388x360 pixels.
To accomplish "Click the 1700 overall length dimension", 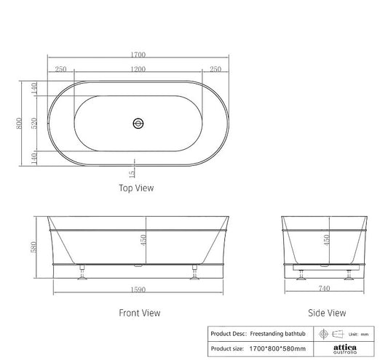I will tap(137, 55).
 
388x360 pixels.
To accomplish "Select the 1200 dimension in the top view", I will tap(137, 69).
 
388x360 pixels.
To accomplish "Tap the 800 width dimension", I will tap(20, 124).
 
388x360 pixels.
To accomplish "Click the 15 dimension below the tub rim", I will tap(132, 174).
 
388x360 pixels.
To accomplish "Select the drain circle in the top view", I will tap(137, 124).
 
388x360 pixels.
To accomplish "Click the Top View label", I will tap(136, 188).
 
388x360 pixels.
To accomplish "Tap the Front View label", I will tap(139, 313).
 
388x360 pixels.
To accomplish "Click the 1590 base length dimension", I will tap(138, 289).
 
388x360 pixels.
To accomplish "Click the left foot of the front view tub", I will tap(82, 273).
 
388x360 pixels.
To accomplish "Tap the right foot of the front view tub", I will tap(194, 273).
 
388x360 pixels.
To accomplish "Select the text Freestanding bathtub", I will tap(273, 334).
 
